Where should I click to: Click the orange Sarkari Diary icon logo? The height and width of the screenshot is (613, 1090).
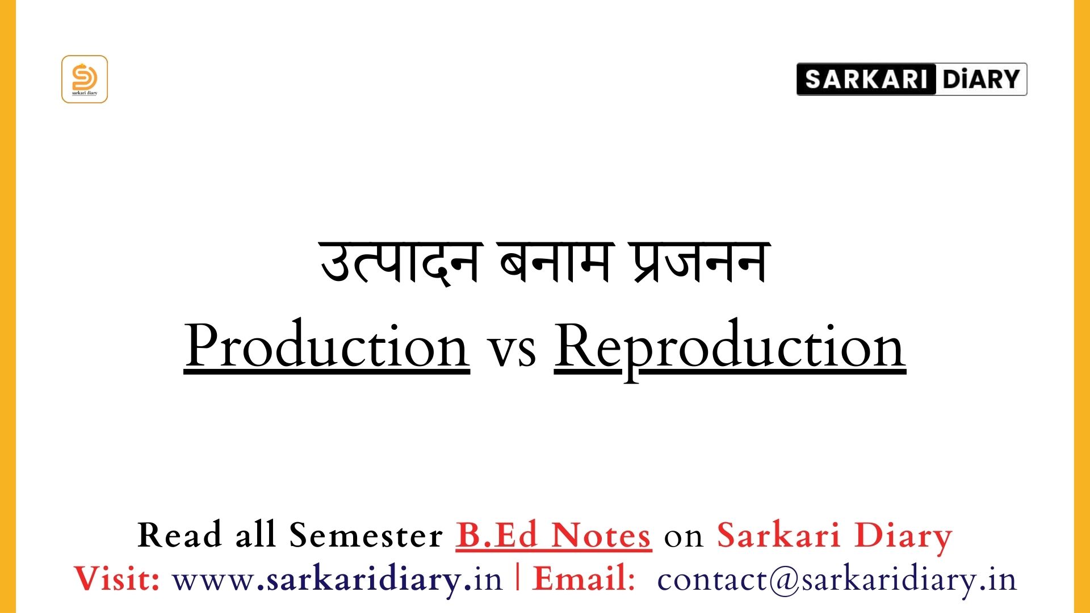click(x=85, y=79)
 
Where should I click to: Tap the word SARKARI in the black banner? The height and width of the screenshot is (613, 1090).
click(x=866, y=79)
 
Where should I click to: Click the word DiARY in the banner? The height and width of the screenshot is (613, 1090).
click(x=981, y=79)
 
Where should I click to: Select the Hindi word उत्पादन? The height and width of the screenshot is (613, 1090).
click(x=400, y=262)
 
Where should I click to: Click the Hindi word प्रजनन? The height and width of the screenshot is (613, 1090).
click(x=700, y=262)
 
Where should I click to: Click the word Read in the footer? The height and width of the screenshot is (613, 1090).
click(x=179, y=535)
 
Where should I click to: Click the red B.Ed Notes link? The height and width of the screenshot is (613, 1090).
click(x=554, y=535)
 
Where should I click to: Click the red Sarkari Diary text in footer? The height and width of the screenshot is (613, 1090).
click(x=835, y=536)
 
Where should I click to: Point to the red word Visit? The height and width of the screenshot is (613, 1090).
click(x=118, y=579)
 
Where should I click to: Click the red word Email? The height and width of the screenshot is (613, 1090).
click(x=584, y=579)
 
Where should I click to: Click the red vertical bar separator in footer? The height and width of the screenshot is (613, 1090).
click(x=518, y=578)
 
